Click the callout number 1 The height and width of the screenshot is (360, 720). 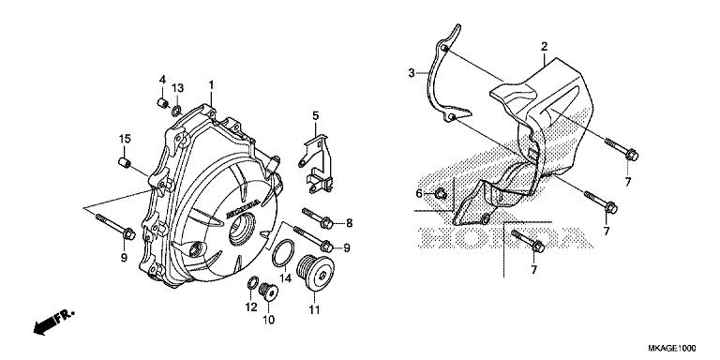click(x=211, y=85)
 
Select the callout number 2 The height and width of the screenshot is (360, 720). click(x=544, y=46)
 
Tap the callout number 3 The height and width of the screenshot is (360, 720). click(x=412, y=72)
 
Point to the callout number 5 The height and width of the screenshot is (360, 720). click(x=315, y=115)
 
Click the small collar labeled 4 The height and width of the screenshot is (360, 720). click(x=162, y=103)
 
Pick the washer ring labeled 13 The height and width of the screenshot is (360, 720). click(x=177, y=111)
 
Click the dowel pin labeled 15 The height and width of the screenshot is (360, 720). click(x=124, y=162)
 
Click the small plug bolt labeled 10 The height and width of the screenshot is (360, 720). click(x=268, y=292)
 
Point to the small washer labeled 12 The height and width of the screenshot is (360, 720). click(x=252, y=283)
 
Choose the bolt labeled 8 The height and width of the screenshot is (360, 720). click(x=317, y=218)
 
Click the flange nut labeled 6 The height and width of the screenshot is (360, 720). click(x=441, y=194)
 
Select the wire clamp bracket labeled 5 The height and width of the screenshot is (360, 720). click(x=318, y=164)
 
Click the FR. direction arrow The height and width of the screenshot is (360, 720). click(x=53, y=322)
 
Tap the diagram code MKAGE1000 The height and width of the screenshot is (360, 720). click(x=672, y=348)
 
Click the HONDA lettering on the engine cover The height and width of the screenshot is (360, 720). click(x=243, y=208)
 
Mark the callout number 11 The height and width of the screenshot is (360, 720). click(x=314, y=310)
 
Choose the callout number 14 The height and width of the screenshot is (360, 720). click(x=286, y=278)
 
